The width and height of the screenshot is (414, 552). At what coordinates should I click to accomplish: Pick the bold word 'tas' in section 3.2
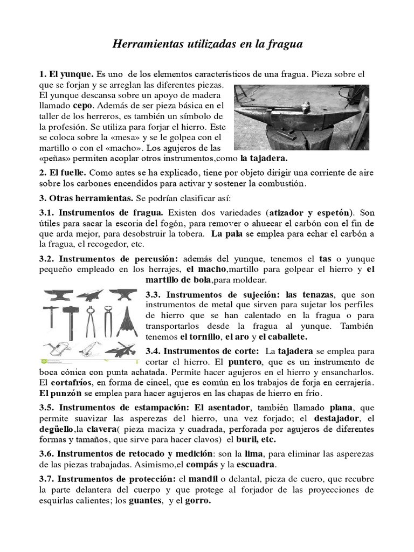[326, 258]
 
